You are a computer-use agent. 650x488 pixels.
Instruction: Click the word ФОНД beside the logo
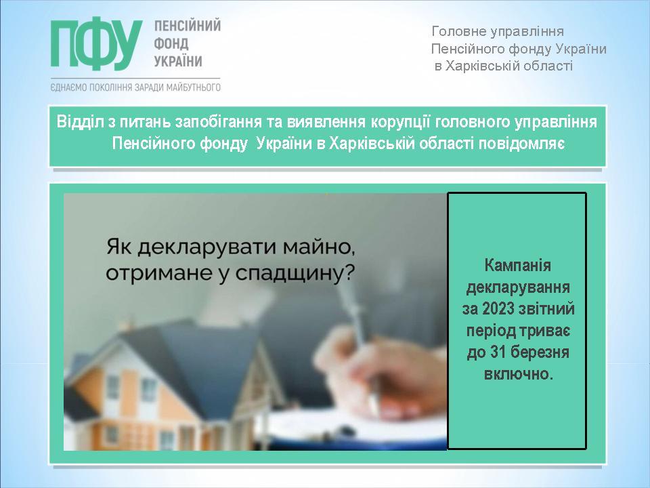coord(171,43)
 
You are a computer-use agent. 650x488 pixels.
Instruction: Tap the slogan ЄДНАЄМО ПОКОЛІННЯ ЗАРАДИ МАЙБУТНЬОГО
coord(135,87)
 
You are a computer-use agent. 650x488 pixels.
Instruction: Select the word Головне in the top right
coord(457,32)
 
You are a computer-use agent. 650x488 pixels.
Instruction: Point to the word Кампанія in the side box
coord(517,266)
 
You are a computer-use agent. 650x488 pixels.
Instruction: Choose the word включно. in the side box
coord(518,374)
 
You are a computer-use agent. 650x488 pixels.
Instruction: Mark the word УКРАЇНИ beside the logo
coord(178,62)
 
